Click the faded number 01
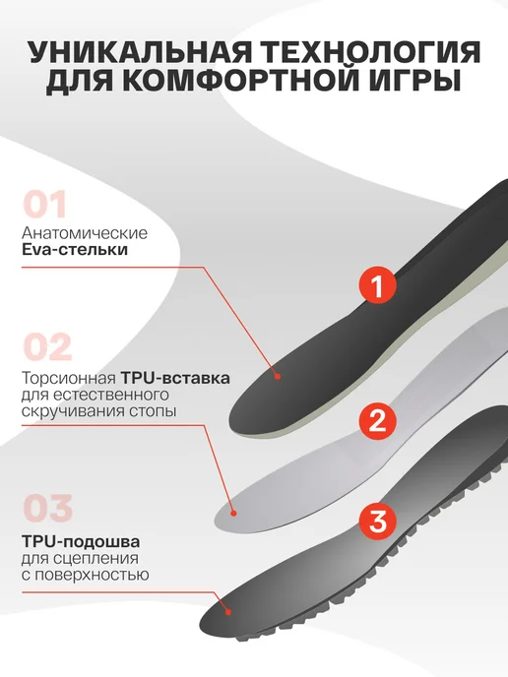45,205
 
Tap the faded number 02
47,346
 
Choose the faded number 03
47,508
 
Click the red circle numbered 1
378,285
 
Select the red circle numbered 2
377,420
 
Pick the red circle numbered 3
378,522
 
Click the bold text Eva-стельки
75,250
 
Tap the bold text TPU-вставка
175,378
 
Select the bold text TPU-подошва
81,542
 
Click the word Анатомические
85,233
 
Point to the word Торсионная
69,378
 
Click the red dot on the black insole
278,377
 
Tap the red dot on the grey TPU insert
233,514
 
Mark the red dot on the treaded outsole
229,611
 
